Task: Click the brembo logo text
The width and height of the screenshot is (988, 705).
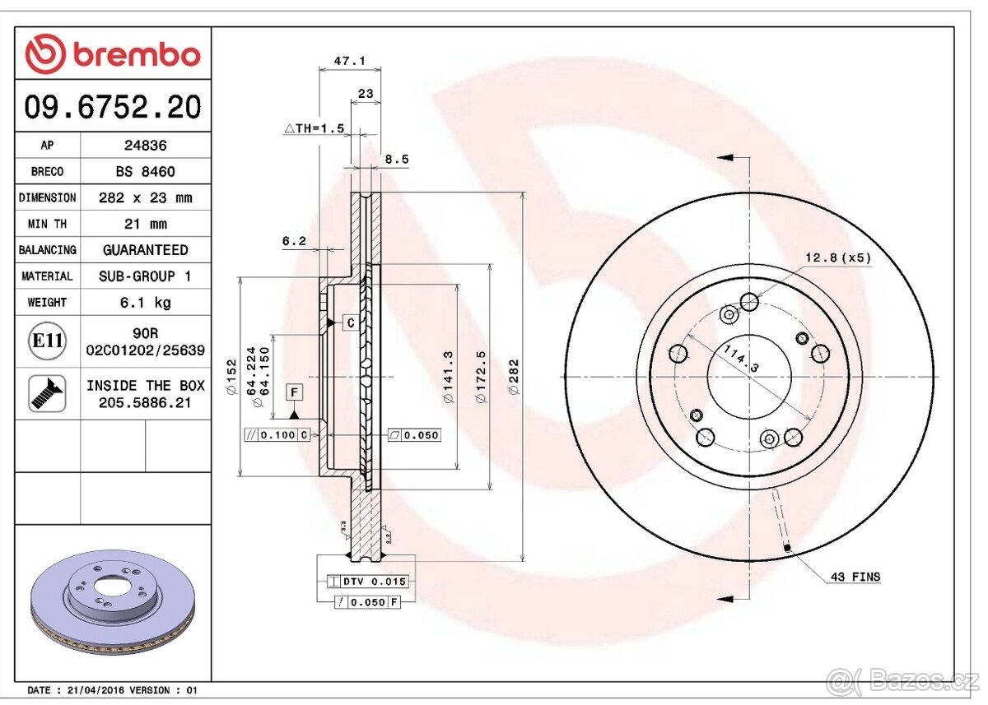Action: coord(137,55)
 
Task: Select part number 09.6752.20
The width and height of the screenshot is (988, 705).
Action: coord(112,107)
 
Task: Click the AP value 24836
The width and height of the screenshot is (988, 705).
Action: coord(145,145)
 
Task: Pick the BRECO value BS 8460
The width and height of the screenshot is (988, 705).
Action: coord(145,171)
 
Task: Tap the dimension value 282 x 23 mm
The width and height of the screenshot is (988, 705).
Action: coord(145,197)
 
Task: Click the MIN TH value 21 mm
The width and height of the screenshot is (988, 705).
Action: coord(145,224)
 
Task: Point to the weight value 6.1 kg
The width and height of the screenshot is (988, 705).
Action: coord(145,302)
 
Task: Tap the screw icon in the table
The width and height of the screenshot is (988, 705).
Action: coord(47,393)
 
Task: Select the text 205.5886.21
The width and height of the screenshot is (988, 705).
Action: coord(145,401)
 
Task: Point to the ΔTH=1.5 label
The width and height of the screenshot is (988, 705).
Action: coord(314,129)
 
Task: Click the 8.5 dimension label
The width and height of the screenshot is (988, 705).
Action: coord(396,160)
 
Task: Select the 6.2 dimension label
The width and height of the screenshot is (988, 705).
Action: coord(294,241)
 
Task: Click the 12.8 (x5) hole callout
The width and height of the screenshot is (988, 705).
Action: coord(837,257)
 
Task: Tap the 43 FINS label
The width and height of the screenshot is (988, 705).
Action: coord(855,577)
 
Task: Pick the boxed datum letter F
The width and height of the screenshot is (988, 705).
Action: coord(294,392)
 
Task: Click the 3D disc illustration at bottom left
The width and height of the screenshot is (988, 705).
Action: coord(113,601)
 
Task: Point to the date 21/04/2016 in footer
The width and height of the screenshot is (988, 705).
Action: coord(97,690)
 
